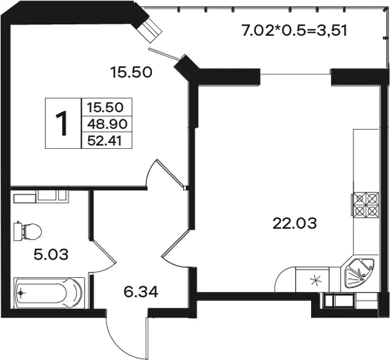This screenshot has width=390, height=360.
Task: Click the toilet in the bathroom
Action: [x=28, y=231]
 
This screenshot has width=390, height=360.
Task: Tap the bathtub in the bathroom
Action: [x=49, y=293]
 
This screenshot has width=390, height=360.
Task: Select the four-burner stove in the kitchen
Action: [x=365, y=204]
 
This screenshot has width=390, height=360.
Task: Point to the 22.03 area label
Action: [x=294, y=223]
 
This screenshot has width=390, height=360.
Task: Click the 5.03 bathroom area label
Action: [x=51, y=255]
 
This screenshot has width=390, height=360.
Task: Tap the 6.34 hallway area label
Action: [x=140, y=292]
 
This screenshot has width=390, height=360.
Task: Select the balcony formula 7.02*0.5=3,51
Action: [x=294, y=31]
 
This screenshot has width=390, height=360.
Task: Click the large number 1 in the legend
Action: [x=62, y=123]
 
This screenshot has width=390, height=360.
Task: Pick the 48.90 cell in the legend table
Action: [x=107, y=124]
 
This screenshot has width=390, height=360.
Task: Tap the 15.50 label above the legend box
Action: [x=131, y=73]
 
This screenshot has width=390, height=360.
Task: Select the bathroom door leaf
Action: [x=103, y=251]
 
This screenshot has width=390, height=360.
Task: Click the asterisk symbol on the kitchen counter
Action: [x=316, y=280]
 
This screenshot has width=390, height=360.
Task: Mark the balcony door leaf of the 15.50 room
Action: [x=165, y=54]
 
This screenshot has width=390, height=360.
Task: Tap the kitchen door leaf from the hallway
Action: [x=176, y=243]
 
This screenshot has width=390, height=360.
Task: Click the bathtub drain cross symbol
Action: [x=21, y=293]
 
